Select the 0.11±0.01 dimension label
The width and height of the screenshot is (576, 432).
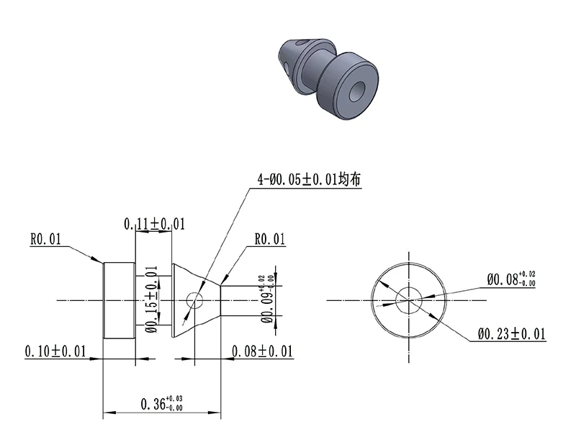[154, 224]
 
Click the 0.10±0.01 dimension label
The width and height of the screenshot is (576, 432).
[55, 351]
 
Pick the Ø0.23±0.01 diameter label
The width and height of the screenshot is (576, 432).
[511, 333]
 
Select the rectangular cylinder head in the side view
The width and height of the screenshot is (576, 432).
[119, 300]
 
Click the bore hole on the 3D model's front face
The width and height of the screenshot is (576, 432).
[356, 91]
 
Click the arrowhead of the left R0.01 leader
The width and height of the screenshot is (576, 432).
[101, 261]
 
